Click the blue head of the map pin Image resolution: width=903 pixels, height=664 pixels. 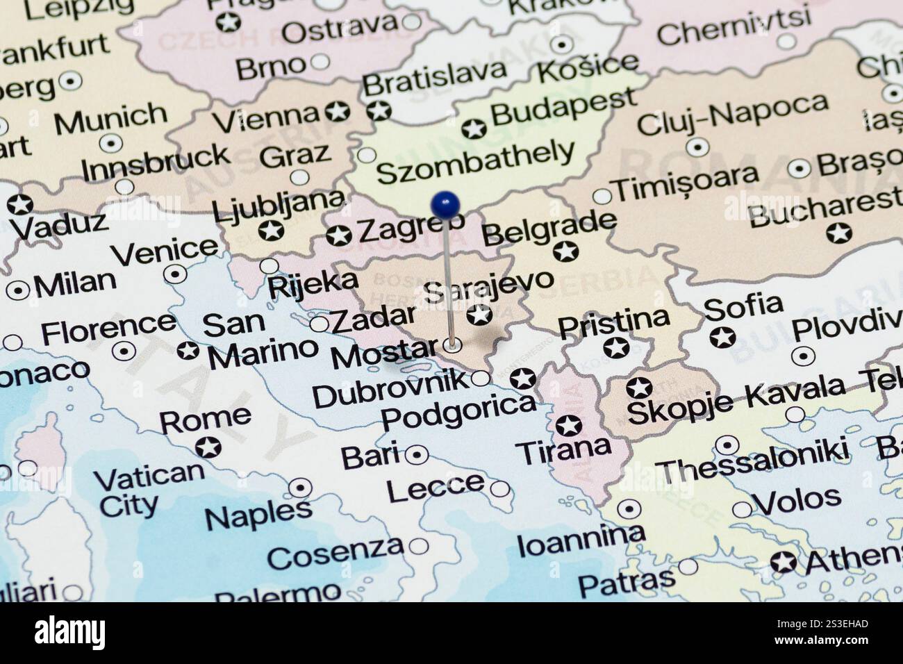(x=445, y=204)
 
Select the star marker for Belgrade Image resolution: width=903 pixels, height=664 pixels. (x=565, y=251)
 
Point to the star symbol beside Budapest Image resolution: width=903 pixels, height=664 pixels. (x=474, y=128)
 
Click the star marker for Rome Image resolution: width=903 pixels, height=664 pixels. (x=208, y=447)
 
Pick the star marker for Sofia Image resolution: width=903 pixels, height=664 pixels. (x=722, y=338)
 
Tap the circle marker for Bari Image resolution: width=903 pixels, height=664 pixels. (x=416, y=455)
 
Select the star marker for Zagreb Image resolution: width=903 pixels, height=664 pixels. (x=338, y=235)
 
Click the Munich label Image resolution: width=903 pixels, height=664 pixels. (x=110, y=119)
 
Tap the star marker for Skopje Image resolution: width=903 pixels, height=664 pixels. (x=638, y=388)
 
